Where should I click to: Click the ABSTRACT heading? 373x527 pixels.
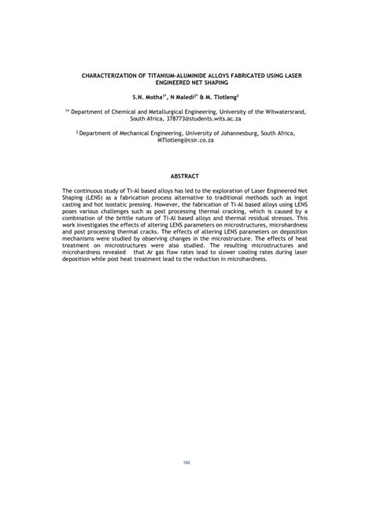coord(186,175)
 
